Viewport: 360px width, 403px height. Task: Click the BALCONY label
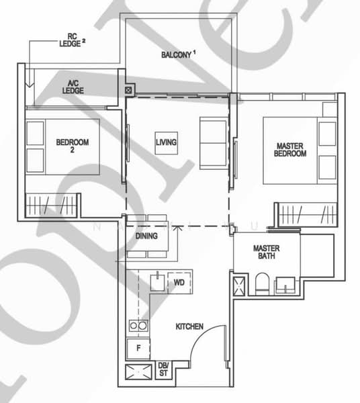click(176, 54)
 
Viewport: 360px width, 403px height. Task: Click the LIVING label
click(166, 142)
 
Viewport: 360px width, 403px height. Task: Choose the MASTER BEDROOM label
click(291, 149)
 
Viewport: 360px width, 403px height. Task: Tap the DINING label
click(146, 236)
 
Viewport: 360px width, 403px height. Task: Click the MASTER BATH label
click(266, 253)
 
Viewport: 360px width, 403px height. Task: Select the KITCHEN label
click(189, 326)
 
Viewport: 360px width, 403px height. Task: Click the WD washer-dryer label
click(179, 283)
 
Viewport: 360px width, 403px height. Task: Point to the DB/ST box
click(163, 369)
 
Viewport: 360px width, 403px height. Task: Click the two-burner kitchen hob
click(138, 326)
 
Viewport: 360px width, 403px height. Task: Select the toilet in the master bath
click(263, 284)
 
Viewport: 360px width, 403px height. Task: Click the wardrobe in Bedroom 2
click(53, 204)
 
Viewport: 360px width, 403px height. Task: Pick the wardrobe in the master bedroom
click(306, 214)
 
